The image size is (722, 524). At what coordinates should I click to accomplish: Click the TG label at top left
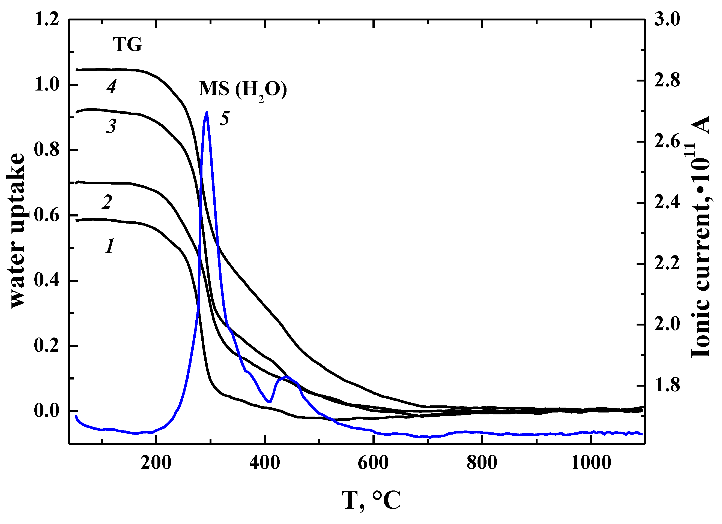(x=127, y=44)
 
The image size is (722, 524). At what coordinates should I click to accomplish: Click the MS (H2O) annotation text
(x=243, y=89)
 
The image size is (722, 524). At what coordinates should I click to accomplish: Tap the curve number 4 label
(x=111, y=86)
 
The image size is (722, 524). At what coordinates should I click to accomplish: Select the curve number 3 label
(x=111, y=126)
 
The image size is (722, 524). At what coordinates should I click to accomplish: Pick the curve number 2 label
(x=107, y=202)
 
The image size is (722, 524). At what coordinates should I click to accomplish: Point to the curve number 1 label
(x=109, y=246)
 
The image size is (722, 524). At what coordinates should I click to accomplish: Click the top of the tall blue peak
(x=207, y=113)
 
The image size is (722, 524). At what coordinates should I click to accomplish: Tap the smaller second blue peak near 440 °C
(x=287, y=377)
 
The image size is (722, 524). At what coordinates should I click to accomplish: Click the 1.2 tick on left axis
(x=47, y=20)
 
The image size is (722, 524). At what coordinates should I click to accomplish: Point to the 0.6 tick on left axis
(x=47, y=216)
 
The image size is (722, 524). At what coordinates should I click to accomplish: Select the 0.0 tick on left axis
(x=47, y=411)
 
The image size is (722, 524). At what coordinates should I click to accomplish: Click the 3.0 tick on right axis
(x=667, y=20)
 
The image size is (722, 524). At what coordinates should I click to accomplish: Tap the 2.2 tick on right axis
(x=667, y=264)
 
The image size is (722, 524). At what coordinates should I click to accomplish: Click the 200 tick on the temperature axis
(x=156, y=463)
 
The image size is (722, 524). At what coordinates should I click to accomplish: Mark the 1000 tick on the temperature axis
(x=591, y=463)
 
